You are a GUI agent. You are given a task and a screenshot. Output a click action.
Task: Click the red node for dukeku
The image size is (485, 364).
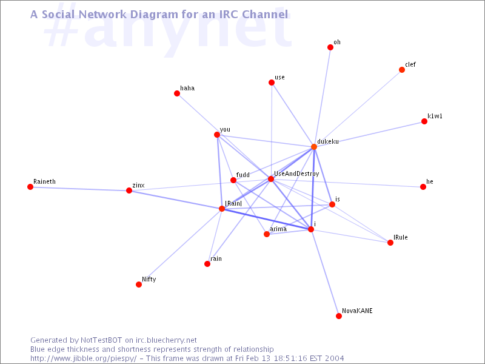[x=314, y=147]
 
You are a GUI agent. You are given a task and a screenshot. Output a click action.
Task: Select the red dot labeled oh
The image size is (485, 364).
[x=330, y=47]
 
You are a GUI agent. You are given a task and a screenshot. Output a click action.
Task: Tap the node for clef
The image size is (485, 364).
[x=402, y=70]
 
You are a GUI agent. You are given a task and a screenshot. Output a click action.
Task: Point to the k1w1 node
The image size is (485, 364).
[x=424, y=122]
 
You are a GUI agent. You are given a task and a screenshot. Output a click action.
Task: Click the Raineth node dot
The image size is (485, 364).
[x=30, y=187]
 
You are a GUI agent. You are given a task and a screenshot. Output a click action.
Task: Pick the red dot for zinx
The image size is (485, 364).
[x=129, y=190]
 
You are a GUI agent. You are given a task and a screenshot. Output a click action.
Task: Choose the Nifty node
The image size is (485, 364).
[x=139, y=285]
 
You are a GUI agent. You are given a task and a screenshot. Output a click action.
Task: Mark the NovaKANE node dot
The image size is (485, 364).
[x=339, y=316]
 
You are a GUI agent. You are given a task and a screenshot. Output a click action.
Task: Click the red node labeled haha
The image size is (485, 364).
[x=177, y=93]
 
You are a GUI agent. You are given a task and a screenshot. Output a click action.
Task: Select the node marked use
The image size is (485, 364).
[x=272, y=83]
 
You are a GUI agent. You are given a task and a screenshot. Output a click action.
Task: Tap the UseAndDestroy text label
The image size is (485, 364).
[x=296, y=174]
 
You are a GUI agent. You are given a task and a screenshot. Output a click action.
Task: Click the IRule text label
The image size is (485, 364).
[x=401, y=237]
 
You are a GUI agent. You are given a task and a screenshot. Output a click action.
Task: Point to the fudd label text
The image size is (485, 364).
[x=243, y=175]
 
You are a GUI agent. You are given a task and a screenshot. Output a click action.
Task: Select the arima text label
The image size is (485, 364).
[x=278, y=229]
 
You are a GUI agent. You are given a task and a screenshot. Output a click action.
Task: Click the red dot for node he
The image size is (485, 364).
[x=423, y=187]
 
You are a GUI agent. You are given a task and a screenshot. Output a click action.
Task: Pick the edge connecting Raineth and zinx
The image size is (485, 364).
[x=80, y=189]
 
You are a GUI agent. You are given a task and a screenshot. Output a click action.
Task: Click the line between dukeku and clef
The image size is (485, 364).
[x=358, y=109]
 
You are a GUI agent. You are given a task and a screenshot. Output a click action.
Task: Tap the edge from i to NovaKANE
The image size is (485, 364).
[x=325, y=272]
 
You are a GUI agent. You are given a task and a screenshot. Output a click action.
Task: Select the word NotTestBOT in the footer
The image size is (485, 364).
[x=101, y=340]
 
